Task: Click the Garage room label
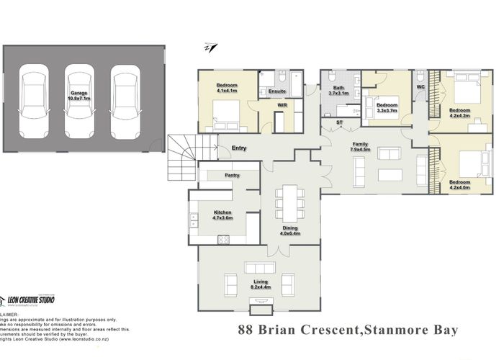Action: click(x=80, y=96)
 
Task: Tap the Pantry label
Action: click(x=232, y=175)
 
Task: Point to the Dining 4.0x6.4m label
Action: click(x=291, y=231)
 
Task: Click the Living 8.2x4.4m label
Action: click(x=259, y=284)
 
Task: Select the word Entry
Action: click(x=239, y=149)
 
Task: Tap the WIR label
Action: click(x=283, y=105)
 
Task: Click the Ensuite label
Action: click(x=277, y=92)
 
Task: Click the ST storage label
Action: click(x=339, y=123)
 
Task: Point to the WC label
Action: click(x=420, y=88)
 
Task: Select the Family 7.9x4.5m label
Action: click(x=360, y=147)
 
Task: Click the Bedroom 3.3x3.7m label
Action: click(x=387, y=106)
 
